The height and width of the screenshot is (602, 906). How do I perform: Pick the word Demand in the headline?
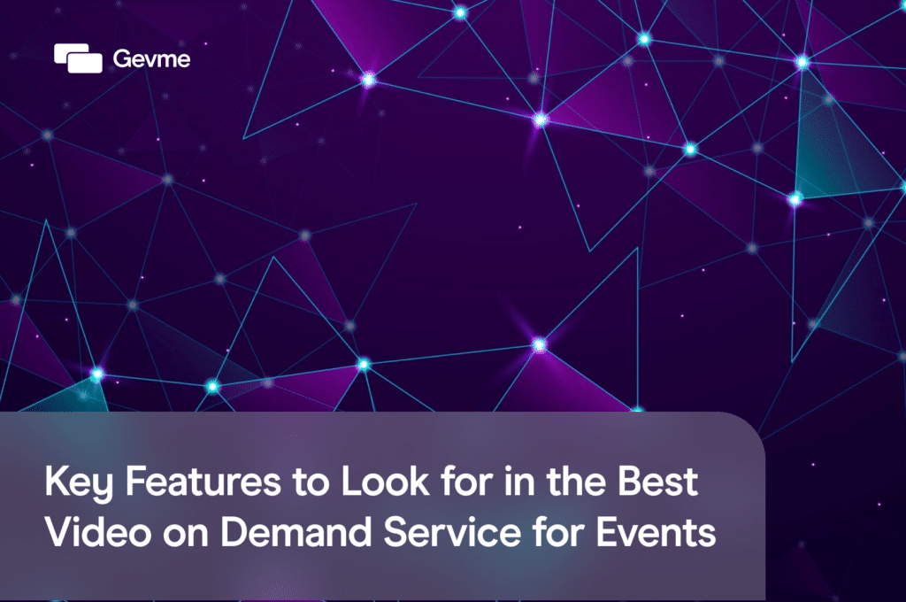(280, 533)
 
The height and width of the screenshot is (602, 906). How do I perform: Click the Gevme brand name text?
(151, 59)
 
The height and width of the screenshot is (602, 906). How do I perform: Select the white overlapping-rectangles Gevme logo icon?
(79, 58)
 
